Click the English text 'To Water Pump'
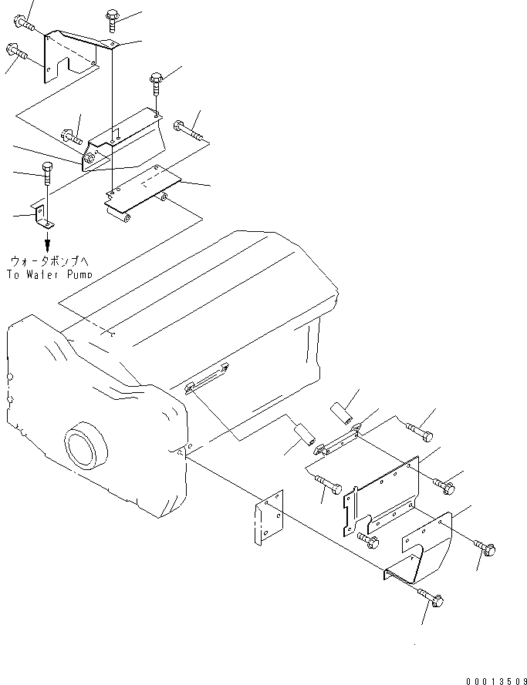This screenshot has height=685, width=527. [48, 274]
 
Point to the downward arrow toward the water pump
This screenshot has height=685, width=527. [47, 243]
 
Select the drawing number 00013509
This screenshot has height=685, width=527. [494, 680]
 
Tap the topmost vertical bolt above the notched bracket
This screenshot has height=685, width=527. [110, 16]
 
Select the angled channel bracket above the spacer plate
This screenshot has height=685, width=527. [123, 138]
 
